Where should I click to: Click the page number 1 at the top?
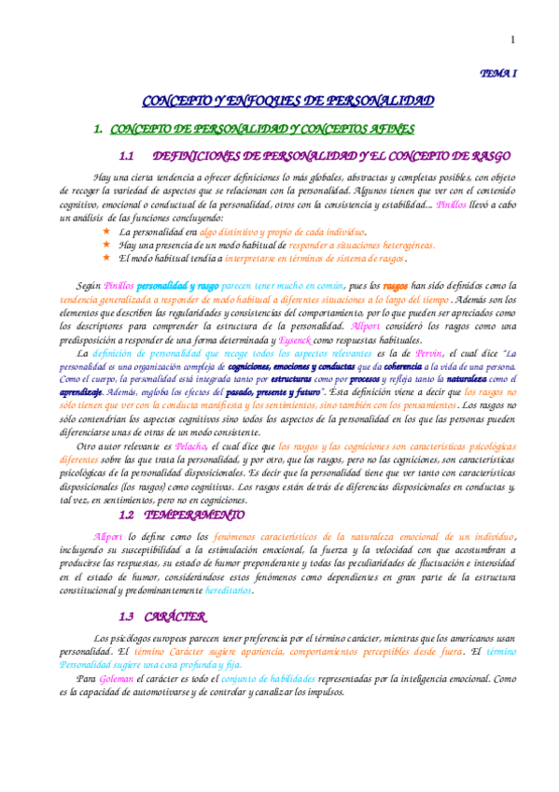[x=512, y=39]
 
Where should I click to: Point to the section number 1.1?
[x=129, y=156]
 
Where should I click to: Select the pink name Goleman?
[x=114, y=680]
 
